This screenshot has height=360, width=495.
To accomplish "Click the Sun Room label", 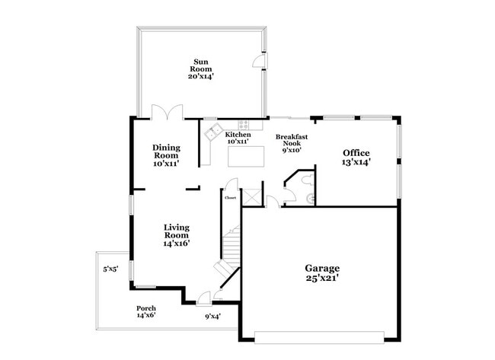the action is pyautogui.click(x=201, y=65).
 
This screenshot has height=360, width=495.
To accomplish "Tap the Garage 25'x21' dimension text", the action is pyautogui.click(x=322, y=278).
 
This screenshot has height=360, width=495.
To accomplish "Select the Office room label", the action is pyautogui.click(x=356, y=153).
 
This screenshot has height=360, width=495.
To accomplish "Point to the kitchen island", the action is pyautogui.click(x=246, y=156).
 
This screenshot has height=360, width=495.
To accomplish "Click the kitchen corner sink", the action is pyautogui.click(x=213, y=132).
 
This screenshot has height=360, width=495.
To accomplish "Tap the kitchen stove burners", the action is pyautogui.click(x=243, y=125).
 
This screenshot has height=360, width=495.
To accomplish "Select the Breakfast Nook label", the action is pyautogui.click(x=292, y=140).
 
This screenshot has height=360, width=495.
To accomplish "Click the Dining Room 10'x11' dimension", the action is pyautogui.click(x=166, y=164).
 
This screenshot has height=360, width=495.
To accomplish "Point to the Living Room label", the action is pyautogui.click(x=177, y=231).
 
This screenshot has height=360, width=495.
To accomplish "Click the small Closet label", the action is pyautogui.click(x=230, y=198).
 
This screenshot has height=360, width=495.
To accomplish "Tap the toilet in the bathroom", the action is pyautogui.click(x=308, y=180).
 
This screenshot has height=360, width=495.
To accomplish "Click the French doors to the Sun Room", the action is pyautogui.click(x=167, y=112).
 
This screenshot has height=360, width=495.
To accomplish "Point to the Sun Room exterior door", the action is pyautogui.click(x=260, y=60).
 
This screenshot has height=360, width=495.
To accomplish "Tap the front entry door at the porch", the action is pyautogui.click(x=203, y=299).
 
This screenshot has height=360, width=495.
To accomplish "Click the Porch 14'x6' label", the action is pyautogui.click(x=146, y=311).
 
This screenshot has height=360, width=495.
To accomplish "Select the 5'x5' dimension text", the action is pyautogui.click(x=111, y=269).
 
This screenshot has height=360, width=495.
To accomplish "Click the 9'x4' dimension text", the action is pyautogui.click(x=212, y=316).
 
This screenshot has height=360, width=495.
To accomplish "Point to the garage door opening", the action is pyautogui.click(x=319, y=337).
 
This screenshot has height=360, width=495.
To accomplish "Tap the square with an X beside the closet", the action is pyautogui.click(x=251, y=197).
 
